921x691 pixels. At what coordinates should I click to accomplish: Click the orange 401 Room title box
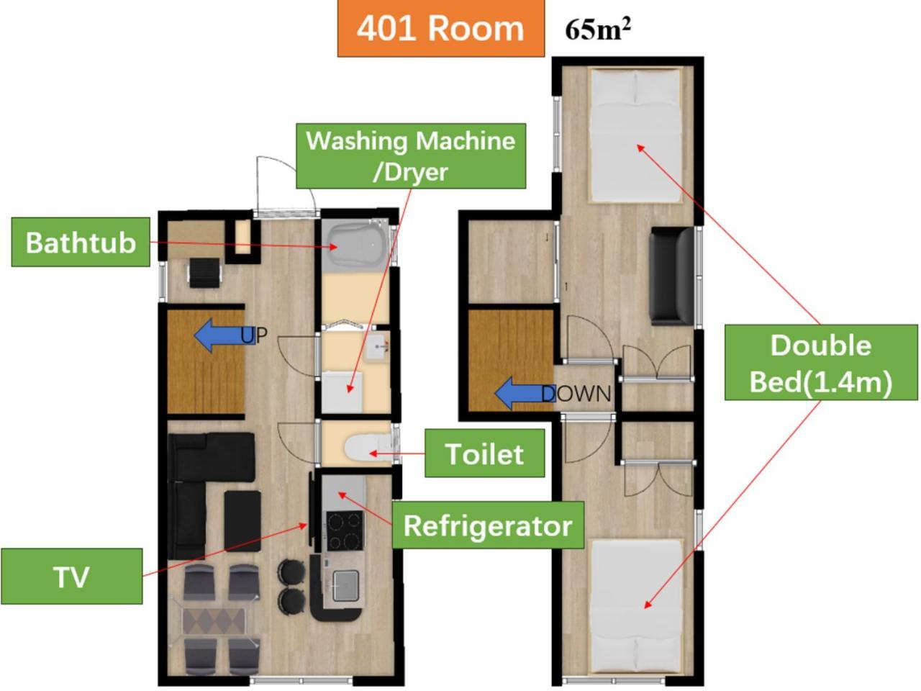point(441,28)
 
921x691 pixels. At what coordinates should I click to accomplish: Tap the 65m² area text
point(598,30)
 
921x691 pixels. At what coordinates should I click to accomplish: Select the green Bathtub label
point(81,242)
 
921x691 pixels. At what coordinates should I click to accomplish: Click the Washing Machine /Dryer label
point(411,156)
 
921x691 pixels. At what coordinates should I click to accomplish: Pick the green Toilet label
point(485,453)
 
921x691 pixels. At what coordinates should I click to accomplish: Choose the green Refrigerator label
point(488,525)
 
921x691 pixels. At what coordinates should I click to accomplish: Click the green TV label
point(72,577)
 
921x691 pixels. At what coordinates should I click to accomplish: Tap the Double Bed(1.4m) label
point(821,363)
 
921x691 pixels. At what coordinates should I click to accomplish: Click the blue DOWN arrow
point(525,393)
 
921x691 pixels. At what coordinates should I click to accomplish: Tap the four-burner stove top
point(345,530)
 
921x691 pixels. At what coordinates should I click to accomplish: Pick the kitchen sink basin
point(346,586)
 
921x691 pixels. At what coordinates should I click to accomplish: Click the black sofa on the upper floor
point(671,276)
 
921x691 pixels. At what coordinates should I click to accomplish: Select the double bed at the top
point(635,135)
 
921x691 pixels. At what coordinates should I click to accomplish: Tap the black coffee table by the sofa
point(242,521)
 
